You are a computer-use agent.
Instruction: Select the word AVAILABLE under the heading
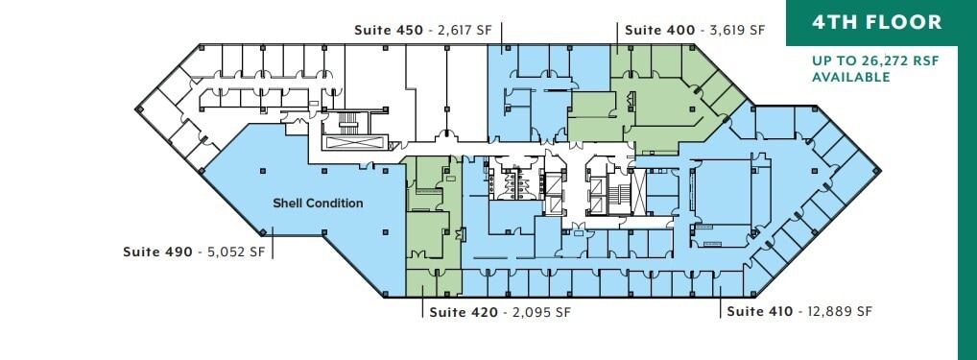click(851, 77)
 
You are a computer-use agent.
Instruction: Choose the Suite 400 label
click(659, 30)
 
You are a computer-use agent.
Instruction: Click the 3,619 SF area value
click(736, 30)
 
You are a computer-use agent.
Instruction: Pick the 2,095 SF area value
click(537, 312)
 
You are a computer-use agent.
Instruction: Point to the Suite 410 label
click(759, 312)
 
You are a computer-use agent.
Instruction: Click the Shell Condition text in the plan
click(318, 203)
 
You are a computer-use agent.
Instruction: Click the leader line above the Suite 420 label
click(422, 303)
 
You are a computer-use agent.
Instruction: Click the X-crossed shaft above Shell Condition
click(356, 141)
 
